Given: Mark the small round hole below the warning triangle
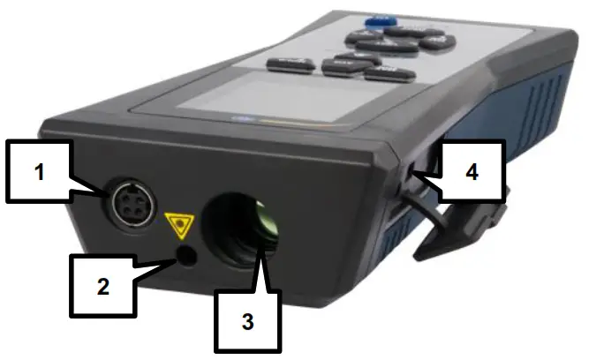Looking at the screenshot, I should (x=186, y=255).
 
